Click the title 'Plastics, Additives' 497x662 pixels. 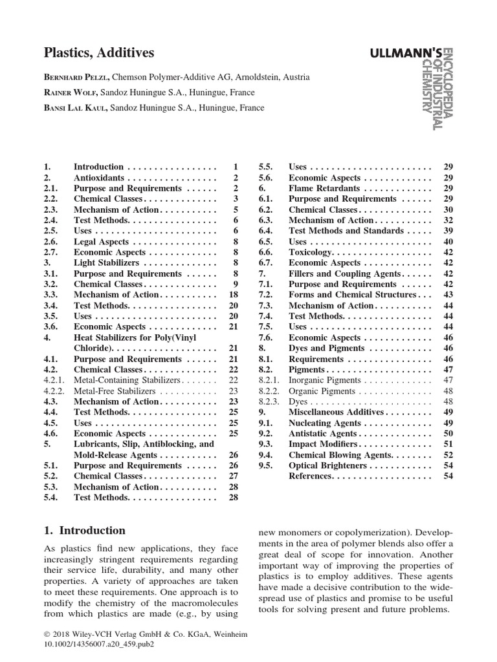[x=99, y=53]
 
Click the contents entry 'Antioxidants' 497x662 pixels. [x=100, y=178]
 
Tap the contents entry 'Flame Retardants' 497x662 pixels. [x=325, y=188]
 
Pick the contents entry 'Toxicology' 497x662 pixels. [x=311, y=252]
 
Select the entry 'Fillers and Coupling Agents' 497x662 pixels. [x=344, y=273]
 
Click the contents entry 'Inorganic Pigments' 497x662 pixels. [x=324, y=381]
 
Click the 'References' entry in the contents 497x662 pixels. [x=311, y=476]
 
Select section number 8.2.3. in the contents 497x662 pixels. [x=269, y=401]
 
